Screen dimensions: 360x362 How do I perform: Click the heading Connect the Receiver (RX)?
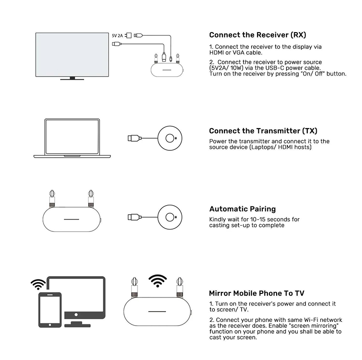[254, 35]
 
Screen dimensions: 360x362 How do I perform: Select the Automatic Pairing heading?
[248, 209]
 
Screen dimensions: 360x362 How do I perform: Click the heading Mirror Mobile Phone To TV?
[257, 293]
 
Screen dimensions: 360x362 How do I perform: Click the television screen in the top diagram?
[73, 54]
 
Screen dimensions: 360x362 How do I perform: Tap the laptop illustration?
[72, 138]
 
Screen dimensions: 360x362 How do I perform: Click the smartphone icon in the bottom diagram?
[50, 308]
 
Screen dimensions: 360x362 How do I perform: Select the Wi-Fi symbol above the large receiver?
[157, 281]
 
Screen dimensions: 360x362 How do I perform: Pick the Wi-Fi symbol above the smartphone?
[38, 284]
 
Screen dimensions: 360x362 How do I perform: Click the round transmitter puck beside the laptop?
[171, 138]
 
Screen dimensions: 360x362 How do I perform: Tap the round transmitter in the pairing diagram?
[171, 216]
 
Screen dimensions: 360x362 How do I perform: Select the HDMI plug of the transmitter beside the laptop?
[132, 138]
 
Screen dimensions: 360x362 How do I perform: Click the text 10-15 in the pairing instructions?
[255, 219]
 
